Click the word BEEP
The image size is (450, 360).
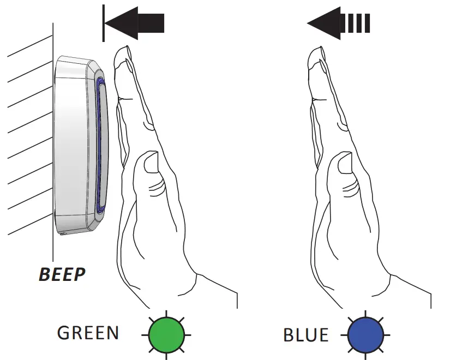coord(62,273)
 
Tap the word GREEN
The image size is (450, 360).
coord(88,333)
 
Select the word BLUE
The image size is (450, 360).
coord(306,334)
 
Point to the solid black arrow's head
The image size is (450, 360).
coord(120,23)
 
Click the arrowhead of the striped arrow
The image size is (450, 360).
coord(323,23)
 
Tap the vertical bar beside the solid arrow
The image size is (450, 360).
coord(103,23)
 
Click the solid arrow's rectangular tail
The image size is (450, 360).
coord(151,23)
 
